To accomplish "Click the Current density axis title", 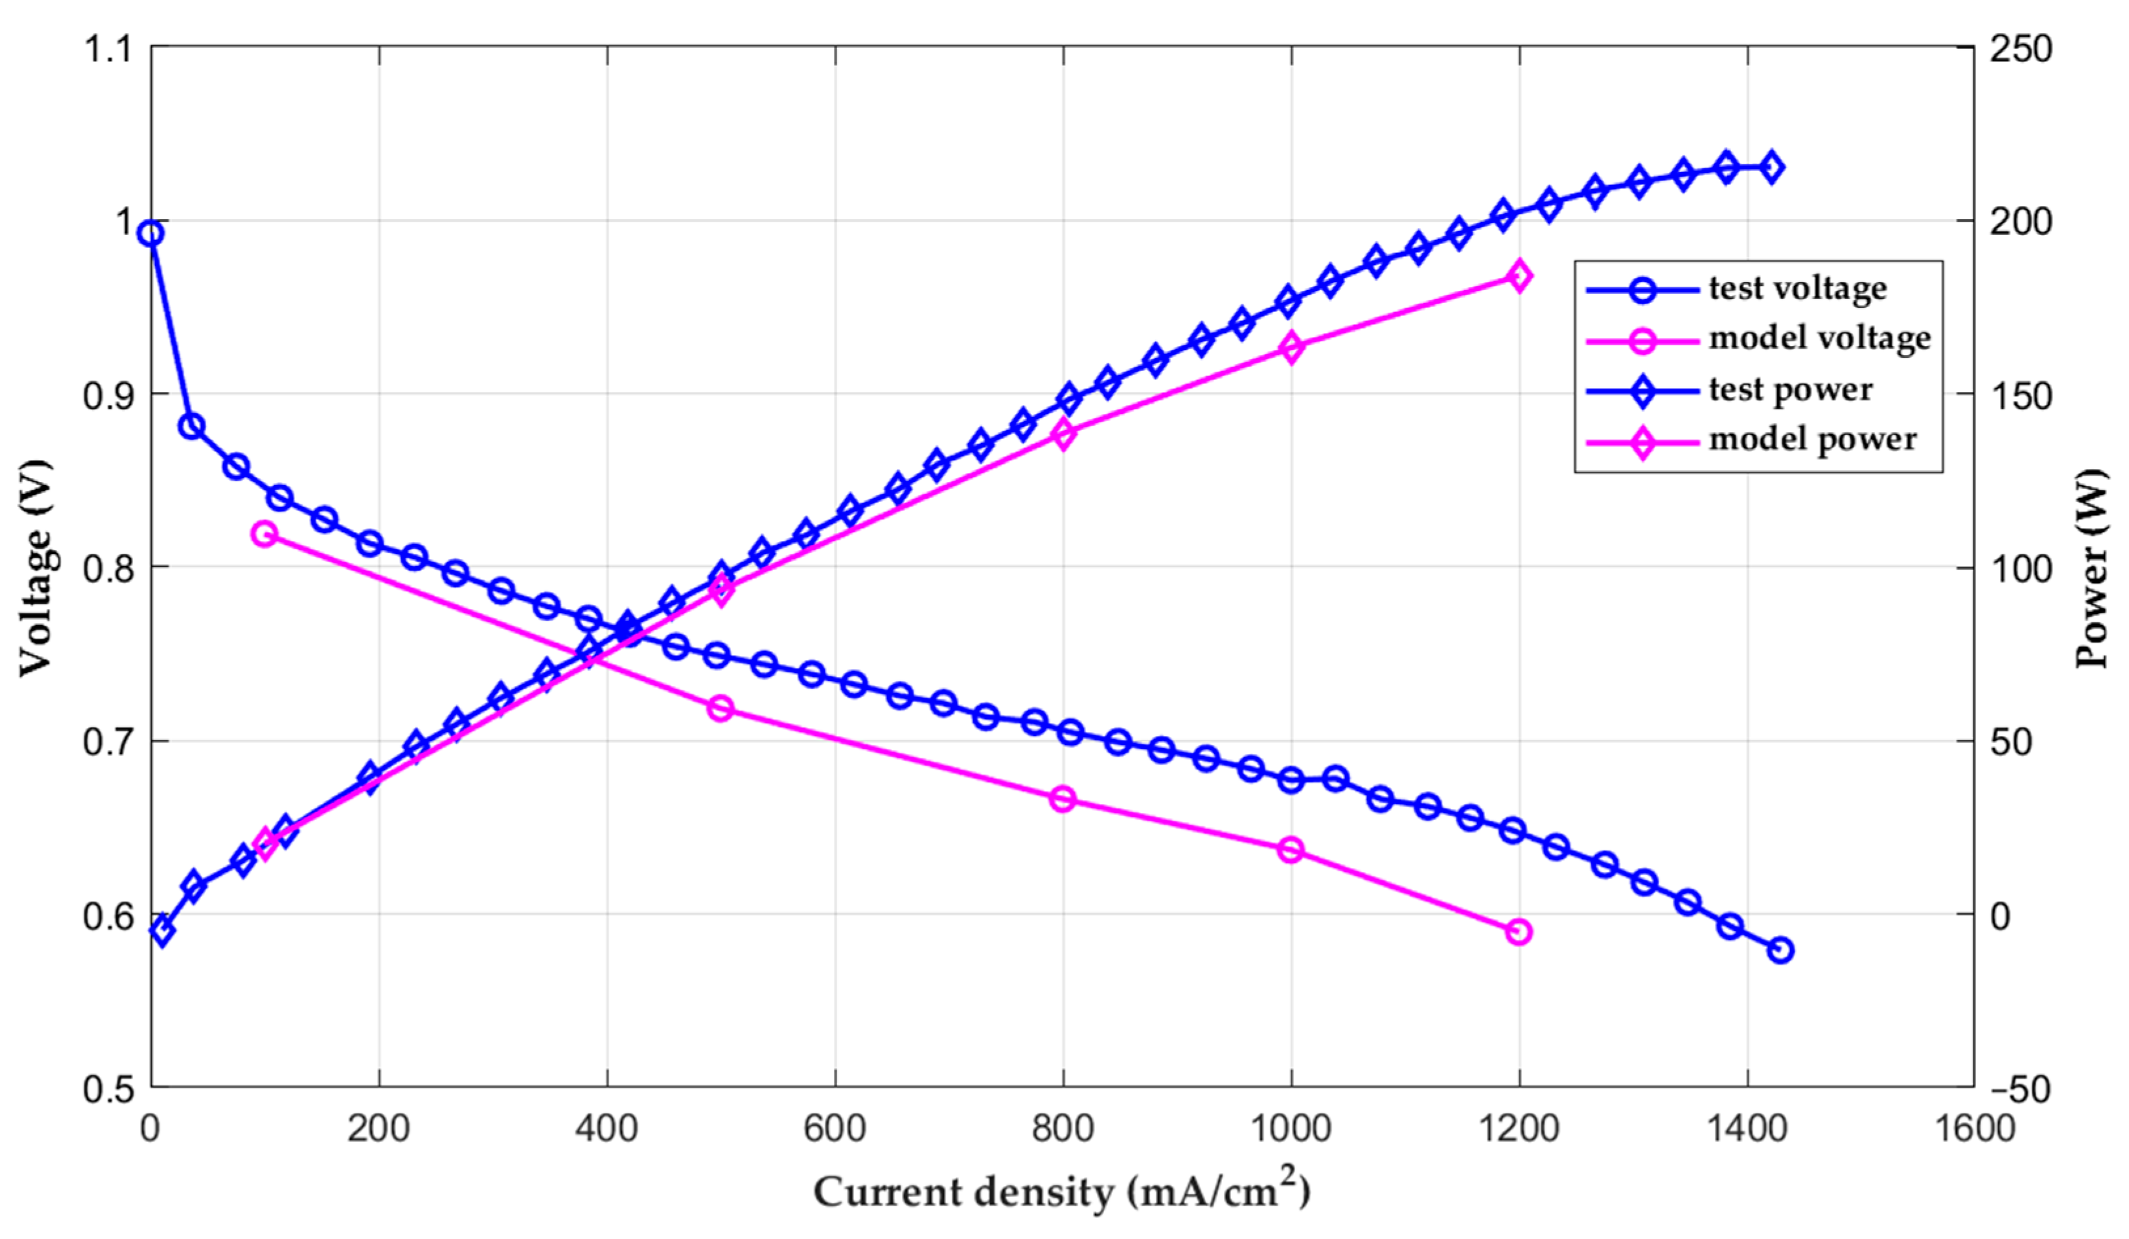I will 1061,1191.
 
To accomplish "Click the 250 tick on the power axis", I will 2020,49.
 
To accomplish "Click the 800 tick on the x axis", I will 1063,1129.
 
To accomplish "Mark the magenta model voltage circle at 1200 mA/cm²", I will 1519,932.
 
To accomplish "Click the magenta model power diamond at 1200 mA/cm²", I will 1519,276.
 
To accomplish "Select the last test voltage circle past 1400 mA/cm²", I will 1780,950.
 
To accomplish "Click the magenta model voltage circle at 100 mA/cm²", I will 264,534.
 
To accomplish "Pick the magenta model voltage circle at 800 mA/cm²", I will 1063,799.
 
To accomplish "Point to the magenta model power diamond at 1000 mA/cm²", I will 1291,348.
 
